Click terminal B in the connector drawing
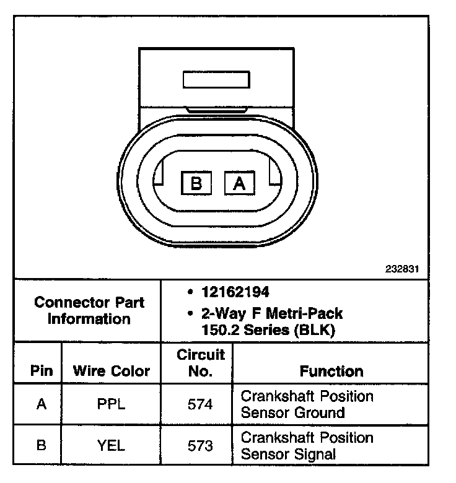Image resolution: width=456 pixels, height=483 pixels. click(x=196, y=183)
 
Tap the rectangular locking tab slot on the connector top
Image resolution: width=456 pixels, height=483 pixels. click(x=216, y=80)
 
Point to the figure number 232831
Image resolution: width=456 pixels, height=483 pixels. click(x=402, y=269)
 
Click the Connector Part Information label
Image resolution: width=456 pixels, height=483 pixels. click(x=89, y=311)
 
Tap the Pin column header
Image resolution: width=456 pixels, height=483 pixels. click(x=42, y=371)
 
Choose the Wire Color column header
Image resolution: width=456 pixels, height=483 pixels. click(x=112, y=371)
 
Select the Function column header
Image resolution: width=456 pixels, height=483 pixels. click(x=331, y=371)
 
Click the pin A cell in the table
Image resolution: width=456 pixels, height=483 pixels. click(x=42, y=404)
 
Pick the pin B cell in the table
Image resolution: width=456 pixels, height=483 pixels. click(x=42, y=445)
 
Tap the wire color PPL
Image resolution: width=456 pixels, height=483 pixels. click(x=112, y=404)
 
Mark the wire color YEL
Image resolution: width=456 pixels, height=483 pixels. click(x=112, y=445)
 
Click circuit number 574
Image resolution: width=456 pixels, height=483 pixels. click(x=200, y=404)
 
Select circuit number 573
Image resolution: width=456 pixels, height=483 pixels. click(x=200, y=445)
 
